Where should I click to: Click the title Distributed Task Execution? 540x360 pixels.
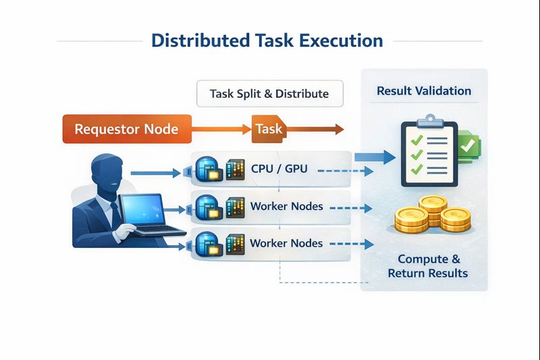pos(267,41)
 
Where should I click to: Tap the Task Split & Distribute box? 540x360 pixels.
pos(269,94)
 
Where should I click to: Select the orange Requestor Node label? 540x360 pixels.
pos(126,129)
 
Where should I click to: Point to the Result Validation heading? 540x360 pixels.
pos(424,91)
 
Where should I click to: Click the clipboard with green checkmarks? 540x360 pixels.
pos(429,153)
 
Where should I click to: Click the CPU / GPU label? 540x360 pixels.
pos(279,169)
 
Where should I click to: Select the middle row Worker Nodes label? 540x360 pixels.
pos(286,206)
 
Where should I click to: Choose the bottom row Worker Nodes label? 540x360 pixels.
pos(286,243)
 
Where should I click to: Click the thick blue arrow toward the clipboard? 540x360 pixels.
pos(375,158)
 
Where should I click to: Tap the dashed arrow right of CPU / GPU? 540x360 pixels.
pos(344,172)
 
